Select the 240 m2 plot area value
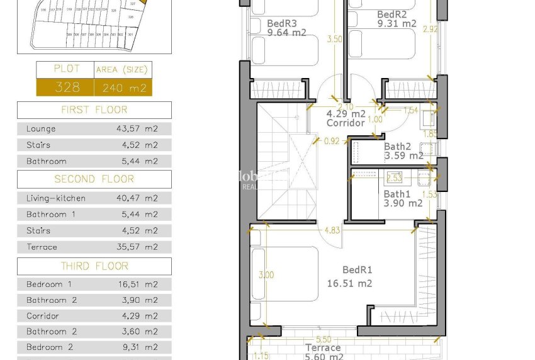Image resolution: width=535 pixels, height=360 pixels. tap(123, 87)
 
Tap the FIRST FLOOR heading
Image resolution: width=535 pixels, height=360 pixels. tap(94, 110)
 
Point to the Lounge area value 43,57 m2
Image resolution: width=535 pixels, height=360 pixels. tap(137, 129)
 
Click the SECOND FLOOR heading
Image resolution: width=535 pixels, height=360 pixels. tap(94, 179)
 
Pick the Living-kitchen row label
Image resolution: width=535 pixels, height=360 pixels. tap(56, 198)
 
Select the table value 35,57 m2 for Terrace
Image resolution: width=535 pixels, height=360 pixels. tap(137, 247)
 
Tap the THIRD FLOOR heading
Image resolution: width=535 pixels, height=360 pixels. tap(94, 266)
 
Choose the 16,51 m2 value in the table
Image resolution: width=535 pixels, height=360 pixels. tap(137, 284)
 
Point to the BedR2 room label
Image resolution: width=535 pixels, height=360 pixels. tap(391, 14)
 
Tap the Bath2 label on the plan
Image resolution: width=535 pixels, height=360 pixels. tap(397, 147)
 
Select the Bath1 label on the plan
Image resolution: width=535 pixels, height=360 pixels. tap(397, 194)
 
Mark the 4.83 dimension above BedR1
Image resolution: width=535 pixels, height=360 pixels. tap(332, 230)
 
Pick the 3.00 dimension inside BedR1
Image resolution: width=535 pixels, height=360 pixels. tap(266, 275)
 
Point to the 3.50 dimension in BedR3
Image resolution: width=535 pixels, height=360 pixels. tap(335, 39)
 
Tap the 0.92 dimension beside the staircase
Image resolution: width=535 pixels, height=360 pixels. tap(332, 141)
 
